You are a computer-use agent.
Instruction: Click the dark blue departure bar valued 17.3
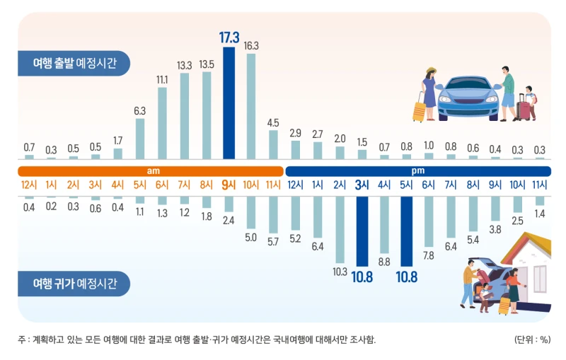click(229, 103)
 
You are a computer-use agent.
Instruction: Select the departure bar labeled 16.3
click(250, 106)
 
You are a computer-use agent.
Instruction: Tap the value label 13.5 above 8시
click(207, 64)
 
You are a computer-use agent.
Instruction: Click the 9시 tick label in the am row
click(229, 186)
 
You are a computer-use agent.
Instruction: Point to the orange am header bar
click(150, 171)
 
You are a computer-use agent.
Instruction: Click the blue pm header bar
click(417, 171)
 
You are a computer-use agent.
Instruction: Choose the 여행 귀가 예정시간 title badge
click(74, 284)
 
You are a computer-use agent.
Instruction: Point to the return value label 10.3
click(340, 271)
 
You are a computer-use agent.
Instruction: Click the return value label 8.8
click(384, 261)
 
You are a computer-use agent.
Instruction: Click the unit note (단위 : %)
click(532, 339)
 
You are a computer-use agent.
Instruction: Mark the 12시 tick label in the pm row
click(295, 186)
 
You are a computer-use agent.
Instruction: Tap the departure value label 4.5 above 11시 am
click(273, 123)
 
